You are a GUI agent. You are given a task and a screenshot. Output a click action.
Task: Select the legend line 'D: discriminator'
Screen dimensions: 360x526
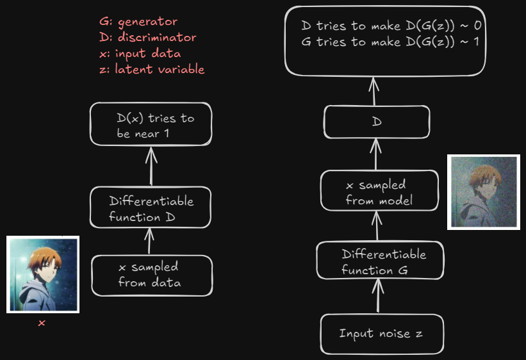[148, 38]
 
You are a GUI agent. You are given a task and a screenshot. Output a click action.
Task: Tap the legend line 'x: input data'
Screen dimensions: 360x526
[140, 54]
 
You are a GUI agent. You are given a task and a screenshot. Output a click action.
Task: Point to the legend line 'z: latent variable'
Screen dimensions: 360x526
[152, 69]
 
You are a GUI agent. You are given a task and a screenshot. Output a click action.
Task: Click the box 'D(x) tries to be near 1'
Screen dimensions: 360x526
[151, 125]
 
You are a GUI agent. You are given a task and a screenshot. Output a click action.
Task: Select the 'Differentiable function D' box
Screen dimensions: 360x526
[151, 208]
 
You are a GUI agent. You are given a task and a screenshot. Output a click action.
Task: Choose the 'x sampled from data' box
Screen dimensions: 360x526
[152, 275]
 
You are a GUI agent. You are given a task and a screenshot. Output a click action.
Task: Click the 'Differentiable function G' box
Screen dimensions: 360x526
[380, 261]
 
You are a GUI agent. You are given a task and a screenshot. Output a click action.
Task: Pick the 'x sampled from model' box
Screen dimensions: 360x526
[380, 192]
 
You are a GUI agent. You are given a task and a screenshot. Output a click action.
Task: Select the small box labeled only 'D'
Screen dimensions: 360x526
[376, 121]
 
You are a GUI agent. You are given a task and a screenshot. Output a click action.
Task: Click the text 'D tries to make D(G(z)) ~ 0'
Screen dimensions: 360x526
[390, 26]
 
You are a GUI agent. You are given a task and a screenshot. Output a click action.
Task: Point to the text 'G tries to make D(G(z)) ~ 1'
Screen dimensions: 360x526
[390, 42]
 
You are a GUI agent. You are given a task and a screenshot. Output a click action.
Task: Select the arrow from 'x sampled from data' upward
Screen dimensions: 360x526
[150, 241]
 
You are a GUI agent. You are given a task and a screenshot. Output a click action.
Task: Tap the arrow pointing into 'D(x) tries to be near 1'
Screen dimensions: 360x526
[151, 165]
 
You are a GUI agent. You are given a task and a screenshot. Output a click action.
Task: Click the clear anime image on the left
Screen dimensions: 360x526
[43, 274]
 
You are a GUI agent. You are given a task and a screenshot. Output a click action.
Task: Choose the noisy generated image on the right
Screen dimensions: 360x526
[483, 192]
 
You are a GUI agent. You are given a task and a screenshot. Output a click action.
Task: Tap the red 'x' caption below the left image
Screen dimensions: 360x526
[42, 323]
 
